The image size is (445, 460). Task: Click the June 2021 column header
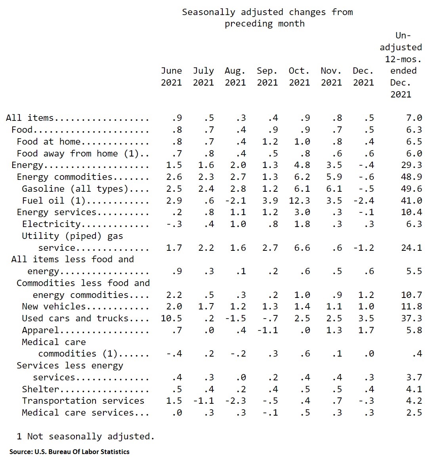click(171, 76)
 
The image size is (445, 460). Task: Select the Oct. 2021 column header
click(299, 76)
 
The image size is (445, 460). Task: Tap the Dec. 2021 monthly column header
click(363, 76)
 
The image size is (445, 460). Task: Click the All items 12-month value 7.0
click(414, 118)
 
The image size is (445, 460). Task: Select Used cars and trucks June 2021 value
click(171, 318)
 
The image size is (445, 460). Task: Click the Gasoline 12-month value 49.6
click(411, 189)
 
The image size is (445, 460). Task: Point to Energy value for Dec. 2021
click(366, 165)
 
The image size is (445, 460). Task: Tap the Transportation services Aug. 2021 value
click(235, 401)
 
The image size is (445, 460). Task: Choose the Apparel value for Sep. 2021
click(267, 330)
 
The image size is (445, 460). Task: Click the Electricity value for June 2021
click(174, 224)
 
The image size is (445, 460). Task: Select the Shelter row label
click(40, 389)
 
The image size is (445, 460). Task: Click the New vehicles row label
click(53, 307)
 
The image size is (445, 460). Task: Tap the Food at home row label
click(48, 142)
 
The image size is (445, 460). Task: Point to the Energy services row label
click(57, 212)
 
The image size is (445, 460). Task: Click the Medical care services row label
click(78, 413)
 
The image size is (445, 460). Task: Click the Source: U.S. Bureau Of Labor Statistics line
click(69, 452)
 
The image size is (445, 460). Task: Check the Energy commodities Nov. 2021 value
click(334, 177)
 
